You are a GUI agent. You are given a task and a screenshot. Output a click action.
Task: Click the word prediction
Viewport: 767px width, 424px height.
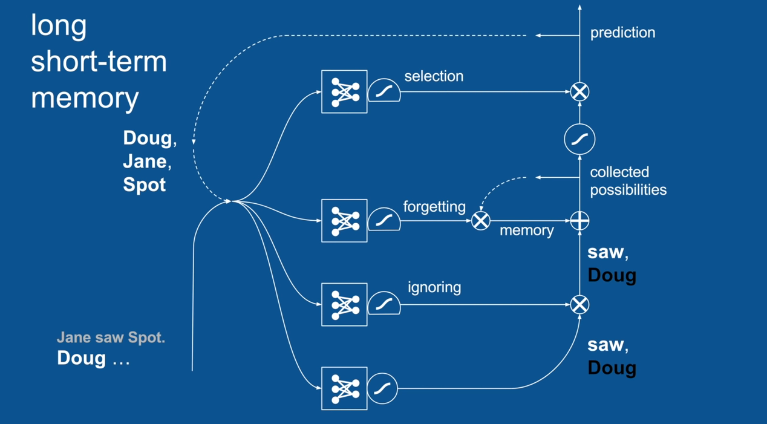pyautogui.click(x=622, y=33)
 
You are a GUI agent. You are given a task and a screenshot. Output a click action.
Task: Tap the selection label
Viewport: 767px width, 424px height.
pyautogui.click(x=434, y=76)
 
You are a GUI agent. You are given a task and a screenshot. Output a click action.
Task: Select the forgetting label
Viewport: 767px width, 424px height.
pyautogui.click(x=434, y=207)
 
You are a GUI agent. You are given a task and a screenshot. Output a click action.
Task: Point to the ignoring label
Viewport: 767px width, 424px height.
pyautogui.click(x=434, y=287)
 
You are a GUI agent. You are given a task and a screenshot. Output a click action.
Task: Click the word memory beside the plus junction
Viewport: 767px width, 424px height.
pyautogui.click(x=526, y=230)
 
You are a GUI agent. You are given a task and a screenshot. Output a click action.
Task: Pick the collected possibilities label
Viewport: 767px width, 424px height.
pyautogui.click(x=628, y=181)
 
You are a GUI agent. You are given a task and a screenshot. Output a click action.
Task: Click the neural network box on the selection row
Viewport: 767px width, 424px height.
pyautogui.click(x=344, y=92)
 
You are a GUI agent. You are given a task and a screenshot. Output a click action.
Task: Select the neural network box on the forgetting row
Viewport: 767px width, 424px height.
pyautogui.click(x=344, y=221)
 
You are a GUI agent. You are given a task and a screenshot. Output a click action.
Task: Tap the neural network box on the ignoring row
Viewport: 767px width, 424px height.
pyautogui.click(x=344, y=304)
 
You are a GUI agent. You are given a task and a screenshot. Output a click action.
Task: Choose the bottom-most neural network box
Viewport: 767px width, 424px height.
pyautogui.click(x=344, y=388)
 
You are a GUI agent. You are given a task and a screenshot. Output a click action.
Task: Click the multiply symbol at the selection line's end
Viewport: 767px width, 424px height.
pyautogui.click(x=579, y=92)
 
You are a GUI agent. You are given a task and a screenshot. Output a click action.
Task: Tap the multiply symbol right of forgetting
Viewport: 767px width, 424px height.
pyautogui.click(x=481, y=221)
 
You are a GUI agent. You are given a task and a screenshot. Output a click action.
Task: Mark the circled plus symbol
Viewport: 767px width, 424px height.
pyautogui.click(x=579, y=221)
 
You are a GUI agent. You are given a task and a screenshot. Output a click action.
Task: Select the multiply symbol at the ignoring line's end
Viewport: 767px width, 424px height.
pyautogui.click(x=579, y=304)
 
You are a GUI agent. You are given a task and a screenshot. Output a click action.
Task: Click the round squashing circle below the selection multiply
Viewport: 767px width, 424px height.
pyautogui.click(x=579, y=139)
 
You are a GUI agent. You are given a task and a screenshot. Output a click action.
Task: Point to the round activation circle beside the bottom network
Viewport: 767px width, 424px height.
pyautogui.click(x=382, y=388)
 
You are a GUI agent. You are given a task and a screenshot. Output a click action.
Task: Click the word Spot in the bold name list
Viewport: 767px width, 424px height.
pyautogui.click(x=144, y=184)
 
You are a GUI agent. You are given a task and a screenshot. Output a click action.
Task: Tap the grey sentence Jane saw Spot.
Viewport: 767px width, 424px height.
pyautogui.click(x=111, y=338)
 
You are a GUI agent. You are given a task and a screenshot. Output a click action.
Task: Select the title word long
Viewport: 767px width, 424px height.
pyautogui.click(x=59, y=26)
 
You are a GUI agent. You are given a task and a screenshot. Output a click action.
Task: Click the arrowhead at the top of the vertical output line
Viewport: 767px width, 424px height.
pyautogui.click(x=579, y=7)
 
